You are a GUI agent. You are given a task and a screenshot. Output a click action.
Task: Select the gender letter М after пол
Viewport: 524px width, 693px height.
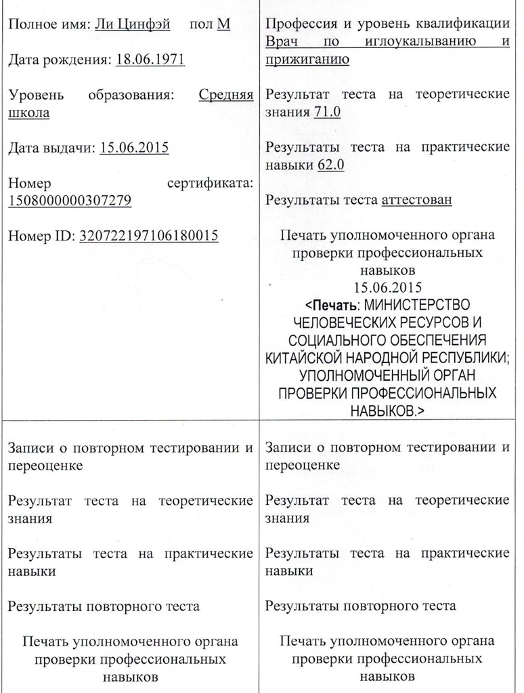pyautogui.click(x=223, y=25)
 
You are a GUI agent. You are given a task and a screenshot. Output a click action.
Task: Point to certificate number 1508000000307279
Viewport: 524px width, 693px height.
pyautogui.click(x=70, y=201)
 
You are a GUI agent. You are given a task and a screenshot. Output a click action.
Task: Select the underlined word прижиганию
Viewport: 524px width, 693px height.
pyautogui.click(x=307, y=60)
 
